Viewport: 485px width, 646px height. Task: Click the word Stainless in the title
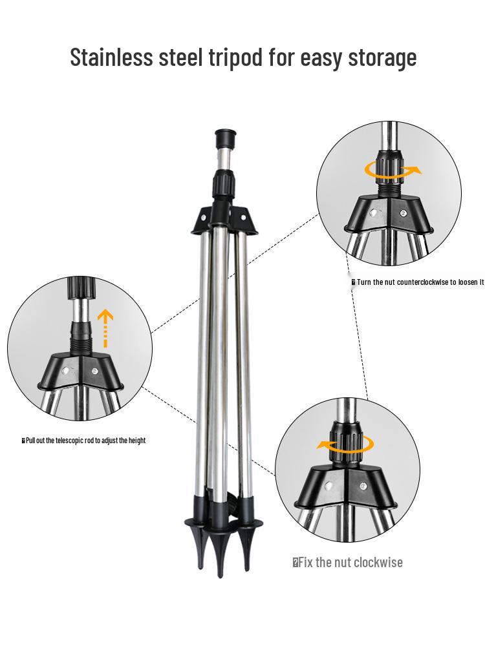pos(111,57)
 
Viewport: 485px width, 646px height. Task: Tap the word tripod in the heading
pos(235,57)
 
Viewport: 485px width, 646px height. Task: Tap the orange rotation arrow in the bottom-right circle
pos(345,445)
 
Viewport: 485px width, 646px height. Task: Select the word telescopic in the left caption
pos(70,441)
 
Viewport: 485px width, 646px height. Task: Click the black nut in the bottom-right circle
pos(345,443)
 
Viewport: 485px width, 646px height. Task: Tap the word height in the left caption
pos(137,441)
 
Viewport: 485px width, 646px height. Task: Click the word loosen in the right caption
pos(468,282)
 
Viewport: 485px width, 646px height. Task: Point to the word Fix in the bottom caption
pos(306,563)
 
